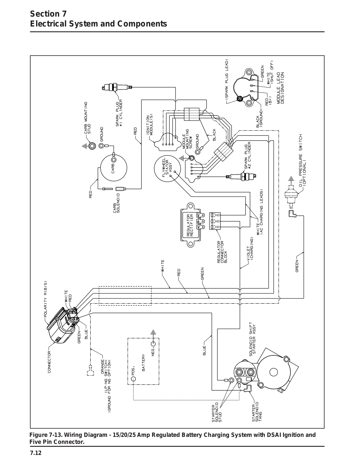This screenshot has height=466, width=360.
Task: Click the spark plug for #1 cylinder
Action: click(x=117, y=87)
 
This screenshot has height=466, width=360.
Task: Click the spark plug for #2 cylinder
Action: click(x=241, y=176)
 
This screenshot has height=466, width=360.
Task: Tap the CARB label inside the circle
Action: click(x=113, y=168)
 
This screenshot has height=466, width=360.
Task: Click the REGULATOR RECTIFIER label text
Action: click(x=190, y=225)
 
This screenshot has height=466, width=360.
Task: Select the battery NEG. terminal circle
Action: click(x=153, y=344)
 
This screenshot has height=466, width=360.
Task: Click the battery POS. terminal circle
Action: click(x=133, y=379)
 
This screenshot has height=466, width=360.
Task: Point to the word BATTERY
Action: click(x=143, y=362)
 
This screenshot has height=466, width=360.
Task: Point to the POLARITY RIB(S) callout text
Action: click(x=45, y=299)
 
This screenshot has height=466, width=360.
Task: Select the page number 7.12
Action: click(x=36, y=453)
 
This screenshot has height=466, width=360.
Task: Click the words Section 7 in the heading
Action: click(x=48, y=14)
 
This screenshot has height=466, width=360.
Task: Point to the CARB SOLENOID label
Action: click(x=117, y=203)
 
